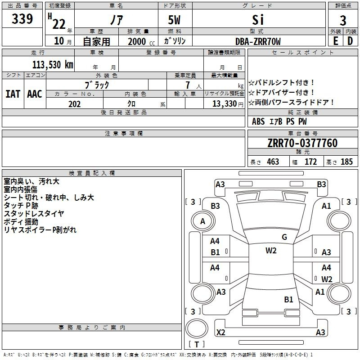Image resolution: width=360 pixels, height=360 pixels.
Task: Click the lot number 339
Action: [x=22, y=19]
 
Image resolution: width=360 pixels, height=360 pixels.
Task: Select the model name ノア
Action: [x=116, y=21]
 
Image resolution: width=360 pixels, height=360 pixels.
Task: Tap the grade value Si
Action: [x=258, y=20]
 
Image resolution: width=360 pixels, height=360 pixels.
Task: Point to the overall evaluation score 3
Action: [x=343, y=21]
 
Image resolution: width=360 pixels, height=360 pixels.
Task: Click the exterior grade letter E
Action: [x=335, y=41]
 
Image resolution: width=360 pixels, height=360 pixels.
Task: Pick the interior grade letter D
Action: [x=350, y=41]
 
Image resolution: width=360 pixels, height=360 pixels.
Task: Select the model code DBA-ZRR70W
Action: [x=258, y=41]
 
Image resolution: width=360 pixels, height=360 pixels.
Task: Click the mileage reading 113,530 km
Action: [x=53, y=64]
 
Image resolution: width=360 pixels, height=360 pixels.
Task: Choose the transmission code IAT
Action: [x=13, y=94]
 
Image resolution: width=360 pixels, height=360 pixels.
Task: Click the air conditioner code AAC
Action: [x=34, y=94]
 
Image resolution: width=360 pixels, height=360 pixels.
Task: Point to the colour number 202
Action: [x=74, y=104]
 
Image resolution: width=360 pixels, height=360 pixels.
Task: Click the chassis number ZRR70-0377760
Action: [x=302, y=144]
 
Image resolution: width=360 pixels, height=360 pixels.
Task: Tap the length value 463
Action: [x=273, y=162]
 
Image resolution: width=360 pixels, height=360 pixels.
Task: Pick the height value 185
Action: [x=346, y=162]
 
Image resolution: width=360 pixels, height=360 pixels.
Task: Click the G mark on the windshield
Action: [x=284, y=237]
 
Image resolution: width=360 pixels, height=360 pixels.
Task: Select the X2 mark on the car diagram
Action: [x=221, y=333]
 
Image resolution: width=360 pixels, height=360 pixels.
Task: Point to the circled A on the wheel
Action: [x=202, y=221]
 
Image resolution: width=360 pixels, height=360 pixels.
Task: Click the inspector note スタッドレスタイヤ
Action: [x=34, y=213]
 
